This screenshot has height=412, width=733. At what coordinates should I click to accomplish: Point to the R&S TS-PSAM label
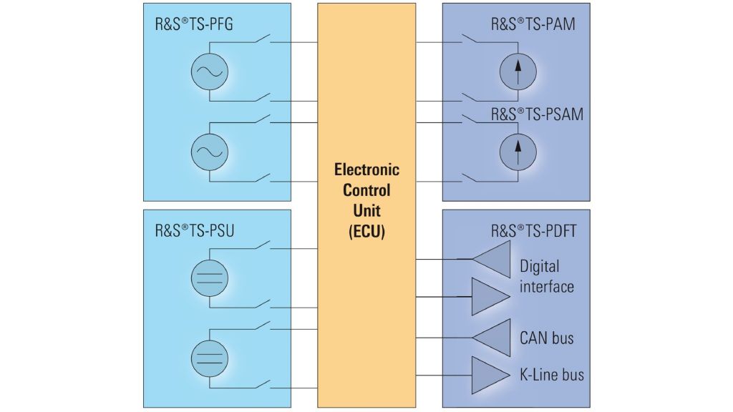point(537,114)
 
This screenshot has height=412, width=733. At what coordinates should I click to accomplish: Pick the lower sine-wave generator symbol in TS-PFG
point(209,151)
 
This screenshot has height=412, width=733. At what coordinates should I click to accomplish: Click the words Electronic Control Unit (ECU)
point(366,201)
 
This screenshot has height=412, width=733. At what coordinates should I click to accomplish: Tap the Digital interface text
point(547,276)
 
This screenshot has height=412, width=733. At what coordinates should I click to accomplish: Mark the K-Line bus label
point(552,374)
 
